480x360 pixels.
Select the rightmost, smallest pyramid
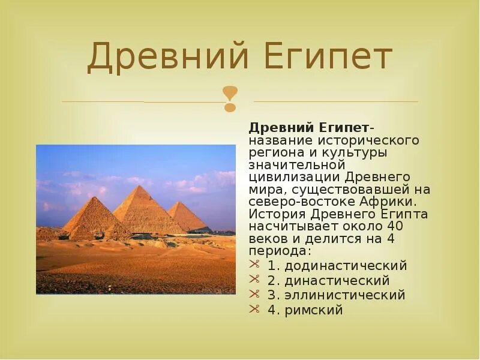coord(185,217)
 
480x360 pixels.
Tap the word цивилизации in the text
coord(294,177)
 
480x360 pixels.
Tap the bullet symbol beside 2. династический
coord(255,280)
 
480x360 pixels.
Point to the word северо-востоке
coord(293,202)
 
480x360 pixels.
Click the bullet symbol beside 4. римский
coord(255,310)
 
